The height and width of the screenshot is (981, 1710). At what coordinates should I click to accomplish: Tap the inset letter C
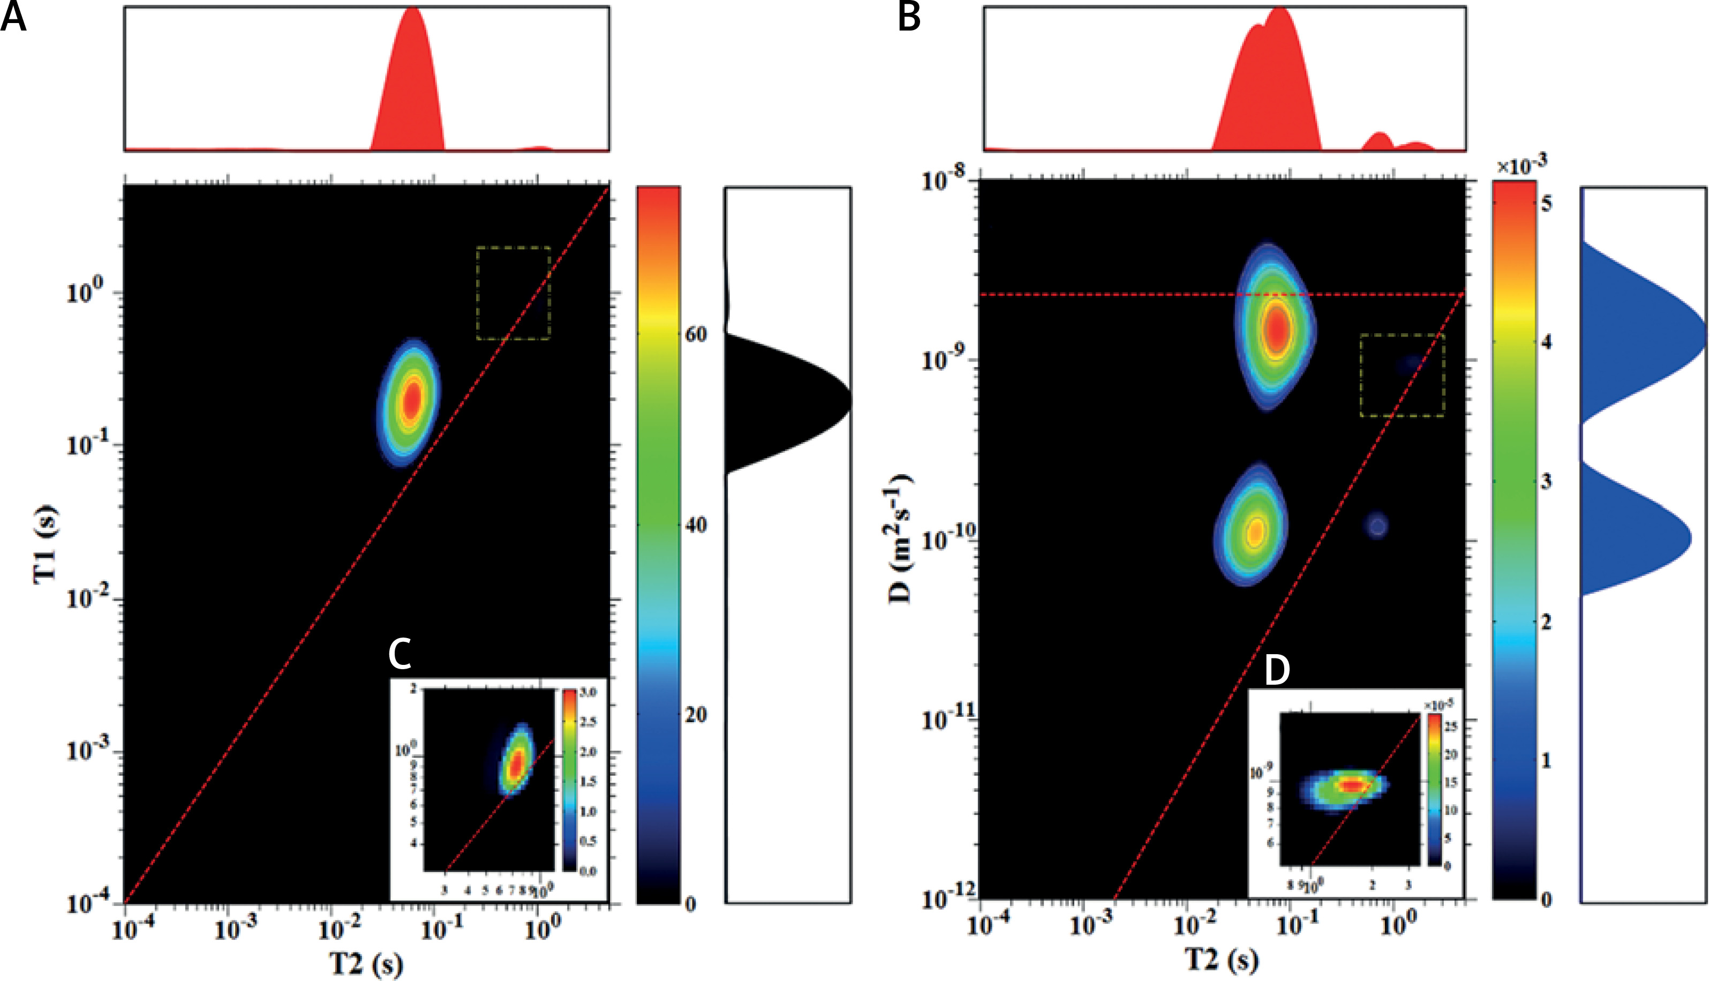400,654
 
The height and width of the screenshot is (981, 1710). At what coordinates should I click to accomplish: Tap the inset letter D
1277,670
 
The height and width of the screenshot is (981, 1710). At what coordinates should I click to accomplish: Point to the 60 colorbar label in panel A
696,334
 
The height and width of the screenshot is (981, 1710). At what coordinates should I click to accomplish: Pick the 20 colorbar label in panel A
696,715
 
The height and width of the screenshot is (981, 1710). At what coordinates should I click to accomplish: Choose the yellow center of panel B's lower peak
1255,531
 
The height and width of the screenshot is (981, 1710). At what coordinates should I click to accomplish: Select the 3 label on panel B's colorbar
1546,481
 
